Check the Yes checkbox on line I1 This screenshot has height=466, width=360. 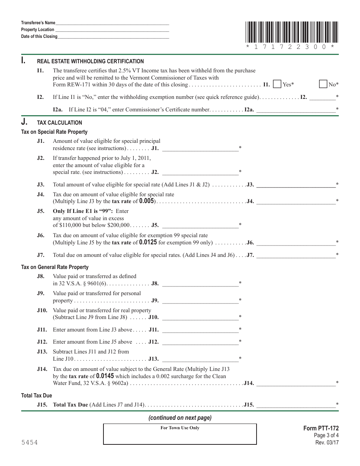tap(277, 84)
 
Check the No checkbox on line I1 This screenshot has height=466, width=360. tap(323, 84)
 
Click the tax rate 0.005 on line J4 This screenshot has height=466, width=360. tap(146, 201)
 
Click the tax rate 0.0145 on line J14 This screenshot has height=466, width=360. tap(105, 376)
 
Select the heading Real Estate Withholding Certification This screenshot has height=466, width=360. tap(90, 61)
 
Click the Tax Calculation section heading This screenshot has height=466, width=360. tap(59, 123)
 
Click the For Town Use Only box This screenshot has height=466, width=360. tap(180, 434)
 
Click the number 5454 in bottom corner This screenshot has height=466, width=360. tap(29, 443)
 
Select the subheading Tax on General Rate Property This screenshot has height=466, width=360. tap(55, 267)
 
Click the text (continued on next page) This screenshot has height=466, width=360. tap(180, 418)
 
